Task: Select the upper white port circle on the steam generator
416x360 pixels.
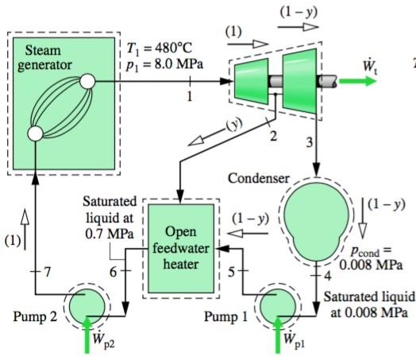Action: [x=87, y=81]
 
